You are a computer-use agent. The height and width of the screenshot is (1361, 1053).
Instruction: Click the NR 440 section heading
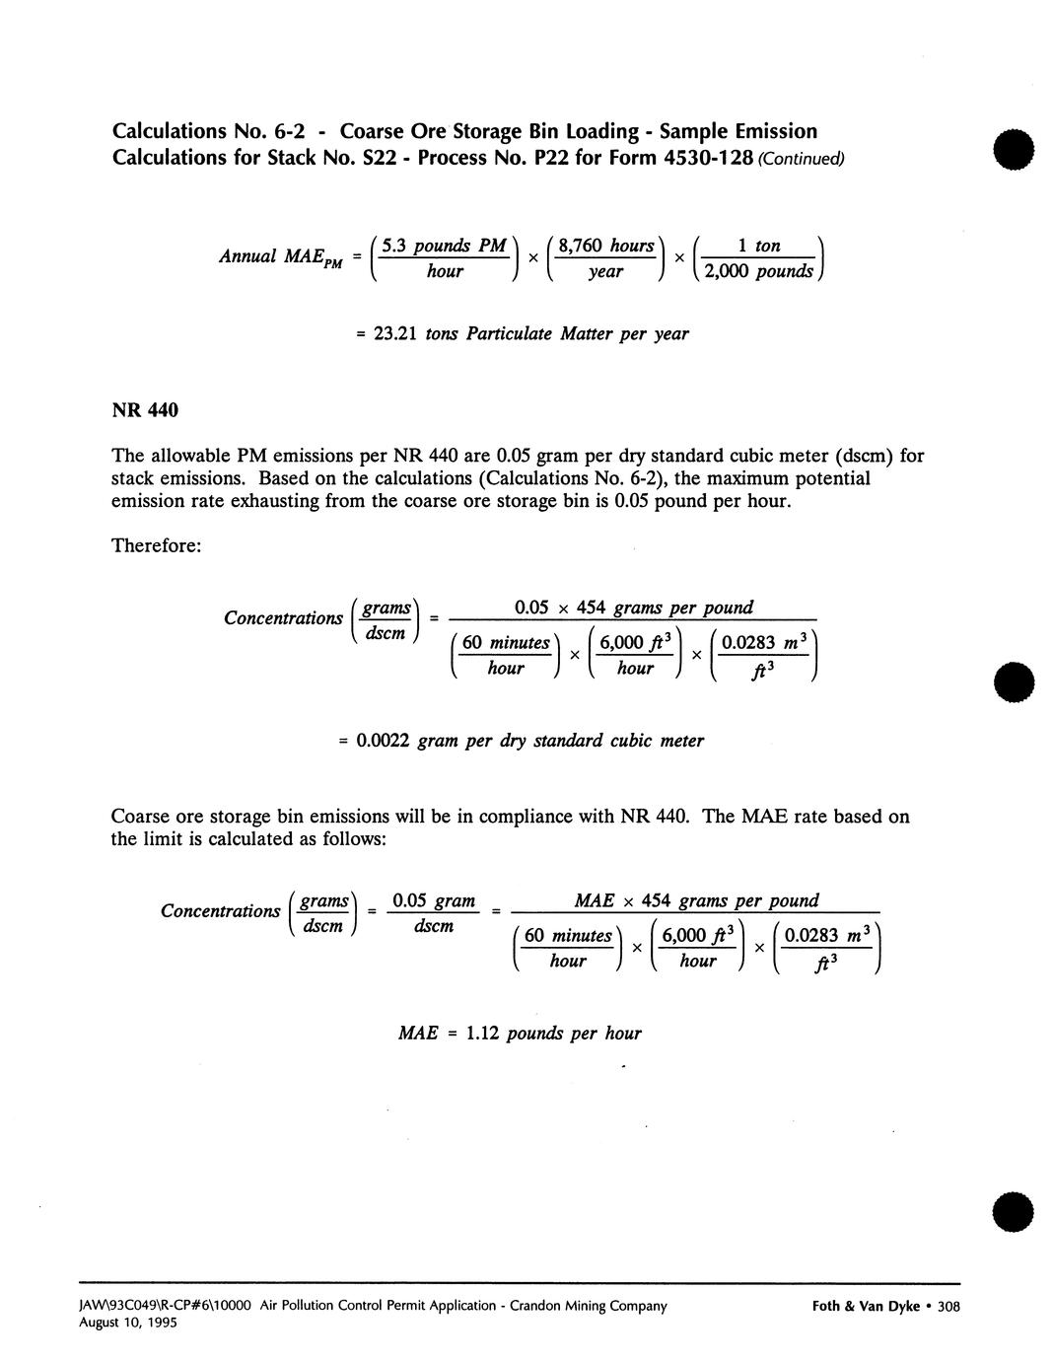pyautogui.click(x=144, y=409)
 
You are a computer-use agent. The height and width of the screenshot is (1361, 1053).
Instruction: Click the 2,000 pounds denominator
pyautogui.click(x=758, y=271)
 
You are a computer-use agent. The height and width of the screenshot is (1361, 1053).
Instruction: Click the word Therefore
pyautogui.click(x=156, y=545)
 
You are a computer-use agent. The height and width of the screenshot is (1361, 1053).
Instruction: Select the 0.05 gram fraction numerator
pyautogui.click(x=434, y=901)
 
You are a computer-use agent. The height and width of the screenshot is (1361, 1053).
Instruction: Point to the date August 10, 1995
pyautogui.click(x=128, y=1324)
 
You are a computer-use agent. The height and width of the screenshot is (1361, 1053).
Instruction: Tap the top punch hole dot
pyautogui.click(x=1014, y=151)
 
